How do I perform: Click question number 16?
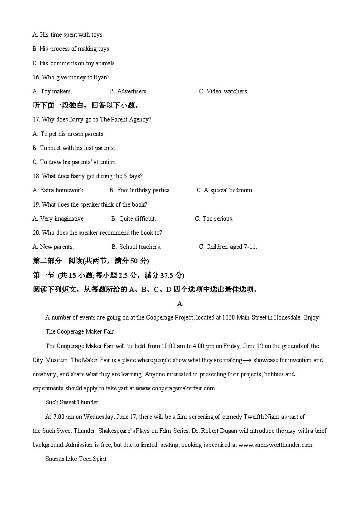37,77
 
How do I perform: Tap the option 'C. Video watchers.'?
224,91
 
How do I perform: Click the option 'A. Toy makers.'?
52,91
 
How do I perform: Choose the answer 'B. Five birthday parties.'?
140,190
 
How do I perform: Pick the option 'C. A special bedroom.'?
225,190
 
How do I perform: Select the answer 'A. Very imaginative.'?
58,218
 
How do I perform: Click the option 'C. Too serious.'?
214,218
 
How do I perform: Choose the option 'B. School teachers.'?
136,247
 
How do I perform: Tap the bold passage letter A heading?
180,303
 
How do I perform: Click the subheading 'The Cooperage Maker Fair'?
79,331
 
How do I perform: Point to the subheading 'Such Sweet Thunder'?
72,402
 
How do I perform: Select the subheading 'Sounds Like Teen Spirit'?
76,459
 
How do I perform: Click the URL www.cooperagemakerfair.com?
175,388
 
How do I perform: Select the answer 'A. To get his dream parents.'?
68,134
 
